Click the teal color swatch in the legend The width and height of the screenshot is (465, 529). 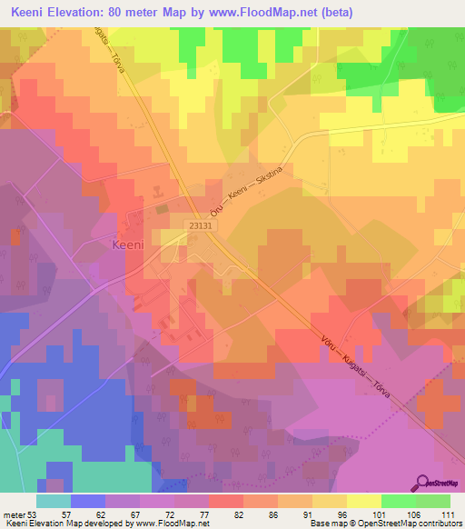pos(54,501)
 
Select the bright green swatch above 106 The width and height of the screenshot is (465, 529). pos(398,501)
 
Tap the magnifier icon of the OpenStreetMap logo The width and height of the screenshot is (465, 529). pos(423,482)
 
